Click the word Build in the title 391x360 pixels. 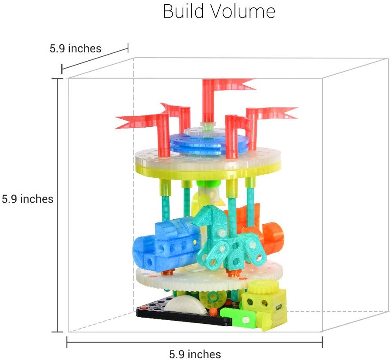[x=183, y=11]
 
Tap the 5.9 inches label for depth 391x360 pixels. [x=75, y=48]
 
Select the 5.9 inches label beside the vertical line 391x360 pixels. [x=28, y=199]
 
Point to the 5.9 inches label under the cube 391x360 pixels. [x=195, y=354]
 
